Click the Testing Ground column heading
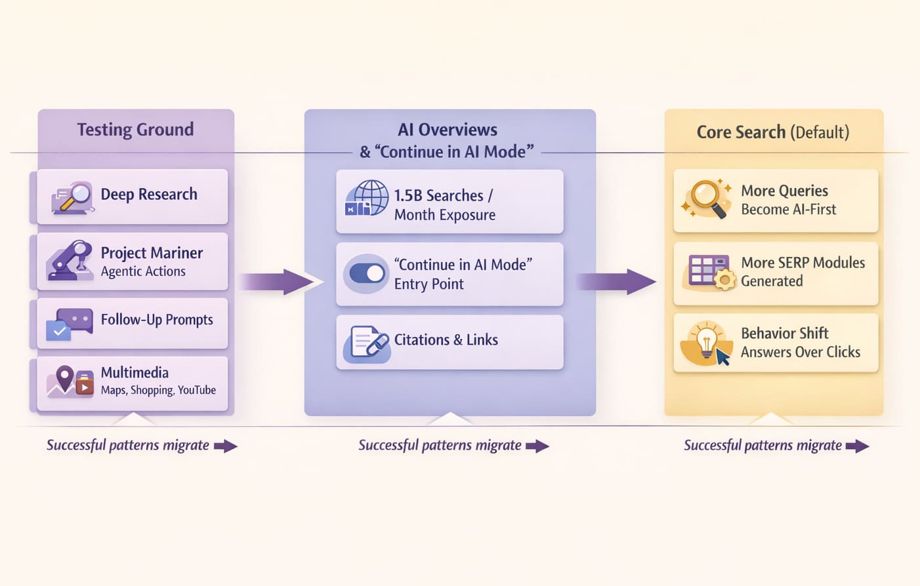pos(135,130)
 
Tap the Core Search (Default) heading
pos(772,132)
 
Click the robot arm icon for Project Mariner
pos(71,260)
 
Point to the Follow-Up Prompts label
pos(157,320)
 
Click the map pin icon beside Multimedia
pos(64,378)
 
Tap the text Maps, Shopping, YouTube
pos(158,390)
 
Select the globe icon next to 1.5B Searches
pos(367,198)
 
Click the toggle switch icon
pos(367,273)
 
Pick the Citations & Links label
pos(446,340)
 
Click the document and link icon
pos(367,342)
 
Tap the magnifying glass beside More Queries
pos(707,198)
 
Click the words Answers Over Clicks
pos(800,352)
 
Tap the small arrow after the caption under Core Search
pos(857,446)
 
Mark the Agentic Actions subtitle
pos(143,271)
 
